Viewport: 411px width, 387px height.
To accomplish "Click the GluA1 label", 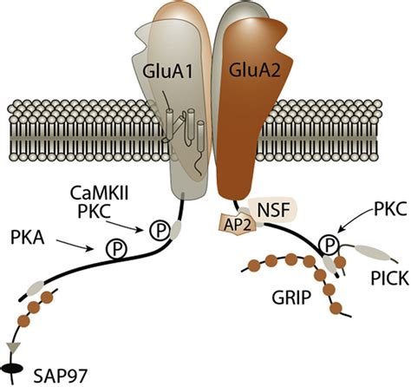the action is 167,71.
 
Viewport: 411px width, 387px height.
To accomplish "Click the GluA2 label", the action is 255,71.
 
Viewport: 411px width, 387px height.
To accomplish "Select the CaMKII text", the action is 99,194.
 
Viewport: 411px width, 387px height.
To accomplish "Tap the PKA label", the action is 28,239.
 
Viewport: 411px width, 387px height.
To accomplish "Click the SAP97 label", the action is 60,376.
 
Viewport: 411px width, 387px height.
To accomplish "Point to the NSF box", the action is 273,210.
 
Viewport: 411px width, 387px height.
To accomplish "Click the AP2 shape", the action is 238,224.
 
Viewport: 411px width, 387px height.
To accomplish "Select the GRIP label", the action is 291,297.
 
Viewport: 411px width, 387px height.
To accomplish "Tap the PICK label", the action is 390,279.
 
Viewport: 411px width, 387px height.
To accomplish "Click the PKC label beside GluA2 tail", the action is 390,209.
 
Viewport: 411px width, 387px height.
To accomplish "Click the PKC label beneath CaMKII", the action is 95,211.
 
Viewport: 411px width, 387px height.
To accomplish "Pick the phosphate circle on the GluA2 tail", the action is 328,246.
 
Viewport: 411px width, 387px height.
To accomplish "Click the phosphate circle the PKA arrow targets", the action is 116,249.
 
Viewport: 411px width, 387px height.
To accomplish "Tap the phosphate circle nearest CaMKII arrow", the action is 160,230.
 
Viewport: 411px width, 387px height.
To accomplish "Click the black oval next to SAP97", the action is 12,369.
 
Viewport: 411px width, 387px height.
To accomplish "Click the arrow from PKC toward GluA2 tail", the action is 354,221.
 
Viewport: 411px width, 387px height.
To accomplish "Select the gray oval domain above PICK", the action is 372,253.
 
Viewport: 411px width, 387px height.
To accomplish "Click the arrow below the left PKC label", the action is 125,226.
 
